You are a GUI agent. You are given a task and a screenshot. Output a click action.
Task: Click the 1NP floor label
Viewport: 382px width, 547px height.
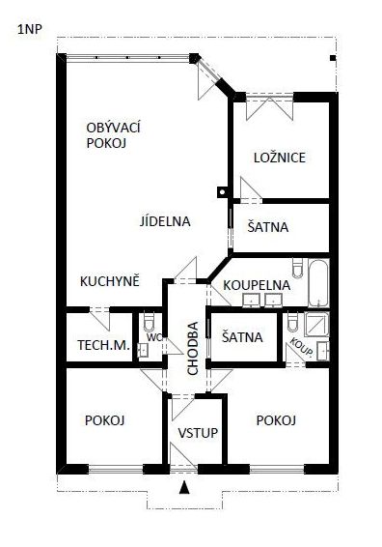(x=30, y=29)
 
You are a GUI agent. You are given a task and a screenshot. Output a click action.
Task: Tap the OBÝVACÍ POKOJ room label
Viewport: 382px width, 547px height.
(x=113, y=135)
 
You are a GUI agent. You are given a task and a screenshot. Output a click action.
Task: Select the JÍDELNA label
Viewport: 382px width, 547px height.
(x=165, y=221)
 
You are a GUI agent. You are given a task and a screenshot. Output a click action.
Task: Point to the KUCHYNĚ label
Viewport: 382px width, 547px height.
(x=110, y=281)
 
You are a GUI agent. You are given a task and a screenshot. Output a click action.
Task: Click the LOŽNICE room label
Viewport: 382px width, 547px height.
(x=280, y=158)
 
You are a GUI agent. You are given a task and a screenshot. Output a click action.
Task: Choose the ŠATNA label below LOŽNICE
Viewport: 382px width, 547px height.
(x=268, y=227)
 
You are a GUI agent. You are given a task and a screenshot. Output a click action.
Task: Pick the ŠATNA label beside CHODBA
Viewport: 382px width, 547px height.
(x=242, y=337)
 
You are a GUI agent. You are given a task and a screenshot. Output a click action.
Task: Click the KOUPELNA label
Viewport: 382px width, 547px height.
(x=257, y=285)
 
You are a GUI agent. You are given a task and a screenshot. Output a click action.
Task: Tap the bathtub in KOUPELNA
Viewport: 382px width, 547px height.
(x=318, y=283)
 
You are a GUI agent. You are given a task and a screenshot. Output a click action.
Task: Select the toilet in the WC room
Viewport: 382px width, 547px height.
(x=149, y=322)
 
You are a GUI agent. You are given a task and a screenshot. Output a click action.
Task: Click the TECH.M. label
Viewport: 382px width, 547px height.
(x=104, y=345)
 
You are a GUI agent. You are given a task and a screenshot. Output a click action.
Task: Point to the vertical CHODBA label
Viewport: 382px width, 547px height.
(x=193, y=348)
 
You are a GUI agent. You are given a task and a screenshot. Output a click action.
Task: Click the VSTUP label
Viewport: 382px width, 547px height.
(x=198, y=433)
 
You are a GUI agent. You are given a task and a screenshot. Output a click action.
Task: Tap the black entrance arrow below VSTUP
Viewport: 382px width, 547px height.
(x=184, y=487)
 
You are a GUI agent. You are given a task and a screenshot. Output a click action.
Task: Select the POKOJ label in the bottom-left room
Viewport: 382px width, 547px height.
(x=105, y=420)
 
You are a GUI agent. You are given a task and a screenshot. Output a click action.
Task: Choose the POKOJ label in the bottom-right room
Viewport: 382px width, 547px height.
(x=276, y=420)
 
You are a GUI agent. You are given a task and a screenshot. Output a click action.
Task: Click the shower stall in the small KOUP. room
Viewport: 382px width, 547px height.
(x=316, y=324)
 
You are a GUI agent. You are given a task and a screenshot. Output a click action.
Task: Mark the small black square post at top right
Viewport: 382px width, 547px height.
(x=333, y=58)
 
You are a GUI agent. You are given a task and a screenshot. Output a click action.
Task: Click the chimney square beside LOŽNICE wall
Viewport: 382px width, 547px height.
(x=222, y=191)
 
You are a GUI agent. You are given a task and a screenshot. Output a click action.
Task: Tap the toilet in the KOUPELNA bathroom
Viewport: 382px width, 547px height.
(x=298, y=268)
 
